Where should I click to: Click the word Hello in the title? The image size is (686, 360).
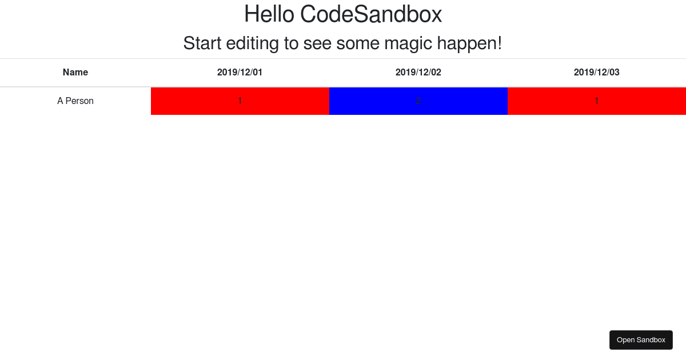(x=269, y=14)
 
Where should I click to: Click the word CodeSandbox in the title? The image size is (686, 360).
(x=371, y=14)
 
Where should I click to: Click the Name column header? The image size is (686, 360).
(x=75, y=73)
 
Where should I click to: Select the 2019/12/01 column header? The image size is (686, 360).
(x=240, y=73)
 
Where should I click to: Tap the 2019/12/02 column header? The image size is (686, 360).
(x=418, y=73)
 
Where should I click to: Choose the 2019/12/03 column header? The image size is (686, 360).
(x=597, y=73)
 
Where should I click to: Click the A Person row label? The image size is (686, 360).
(x=75, y=101)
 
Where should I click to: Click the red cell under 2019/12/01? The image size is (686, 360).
(x=200, y=101)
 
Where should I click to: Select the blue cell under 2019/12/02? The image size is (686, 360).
(x=377, y=101)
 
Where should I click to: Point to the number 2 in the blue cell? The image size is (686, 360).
(x=418, y=101)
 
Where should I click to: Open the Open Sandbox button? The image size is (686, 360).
(x=641, y=340)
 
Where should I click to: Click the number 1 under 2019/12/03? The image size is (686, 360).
(x=597, y=101)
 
